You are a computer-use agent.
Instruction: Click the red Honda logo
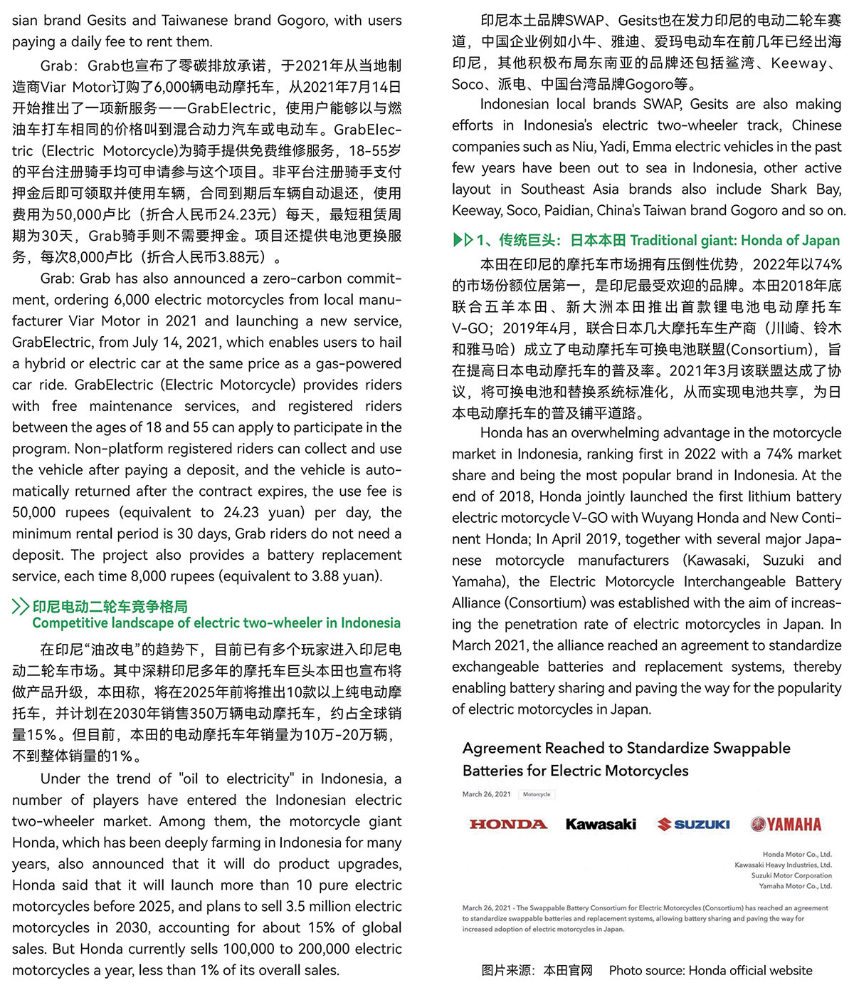(508, 824)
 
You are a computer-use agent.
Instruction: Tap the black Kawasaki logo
(601, 824)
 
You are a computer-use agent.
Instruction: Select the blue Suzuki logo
(694, 824)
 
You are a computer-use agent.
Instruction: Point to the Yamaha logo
(786, 824)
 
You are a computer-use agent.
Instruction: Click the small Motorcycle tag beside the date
(537, 794)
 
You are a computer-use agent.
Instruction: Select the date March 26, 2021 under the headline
(487, 794)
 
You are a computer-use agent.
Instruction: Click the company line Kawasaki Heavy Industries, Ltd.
(783, 865)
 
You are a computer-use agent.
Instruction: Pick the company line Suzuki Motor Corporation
(791, 875)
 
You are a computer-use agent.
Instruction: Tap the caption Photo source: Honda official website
(710, 970)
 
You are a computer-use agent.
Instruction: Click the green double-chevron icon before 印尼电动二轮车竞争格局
(21, 607)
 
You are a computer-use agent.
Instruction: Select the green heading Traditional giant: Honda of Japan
(734, 240)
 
